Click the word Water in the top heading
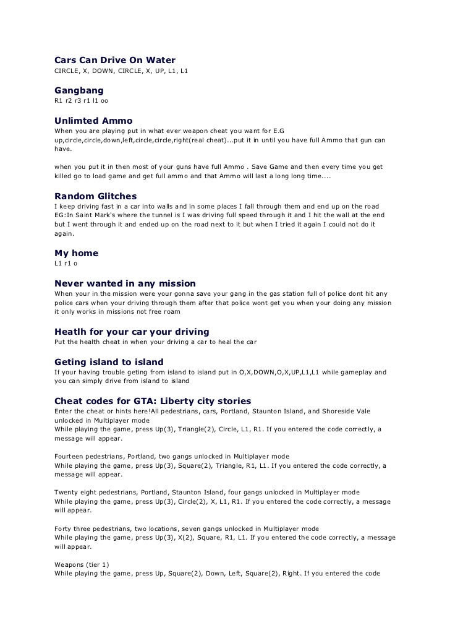tap(160, 60)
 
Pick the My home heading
tap(77, 252)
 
